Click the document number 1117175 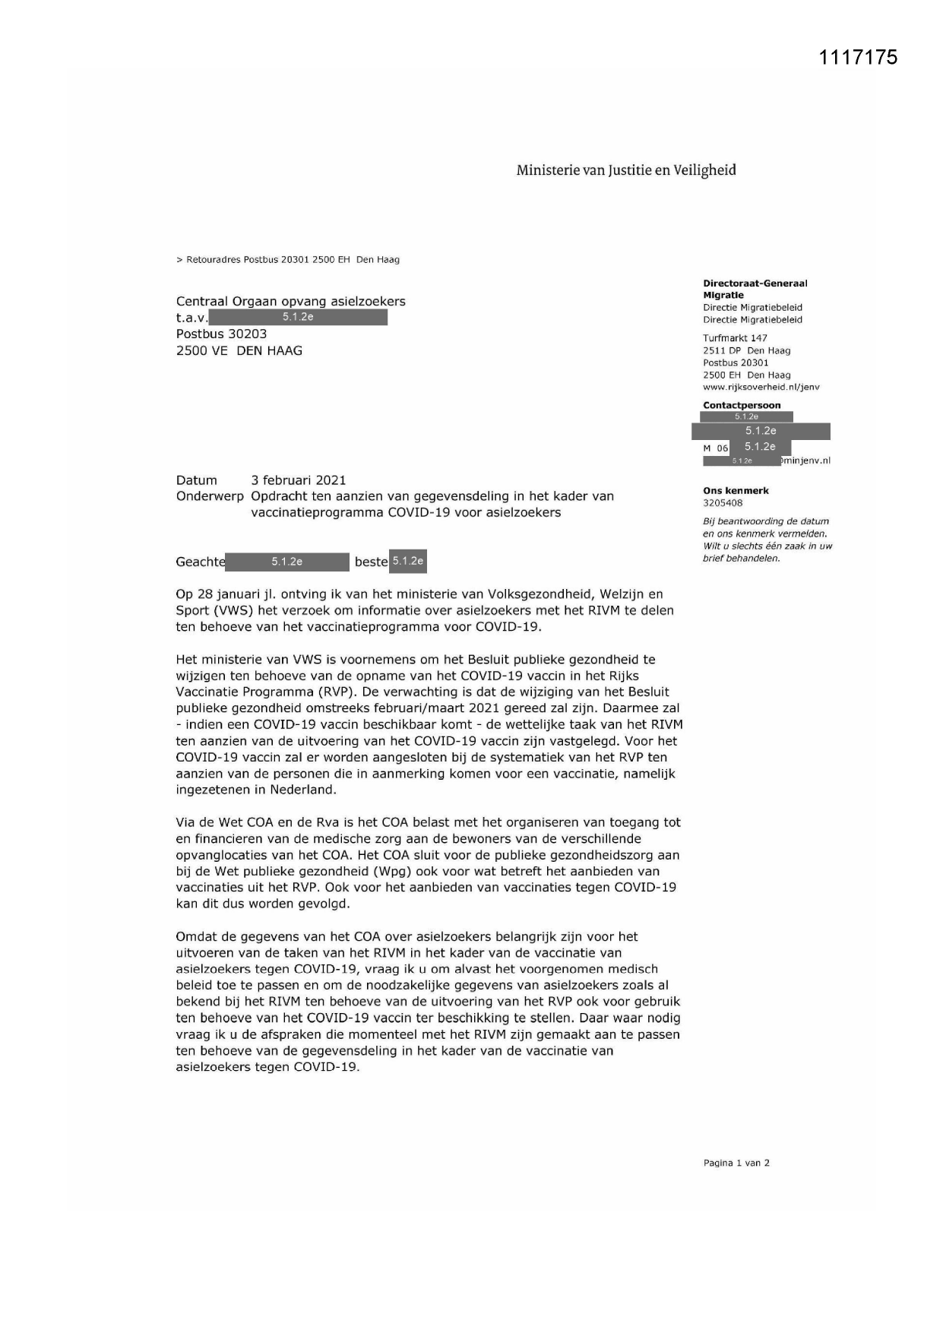point(859,58)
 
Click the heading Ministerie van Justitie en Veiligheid point(626,170)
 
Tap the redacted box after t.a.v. point(298,317)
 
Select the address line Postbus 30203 point(221,334)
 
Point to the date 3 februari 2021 point(298,480)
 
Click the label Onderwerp point(210,496)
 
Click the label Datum point(196,480)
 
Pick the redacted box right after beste point(408,561)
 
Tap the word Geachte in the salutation point(201,562)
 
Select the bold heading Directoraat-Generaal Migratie point(755,289)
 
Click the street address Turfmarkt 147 point(735,338)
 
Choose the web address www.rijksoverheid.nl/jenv point(761,387)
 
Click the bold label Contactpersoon point(742,405)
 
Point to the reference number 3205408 point(723,503)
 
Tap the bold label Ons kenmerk point(736,491)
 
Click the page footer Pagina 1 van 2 point(736,1163)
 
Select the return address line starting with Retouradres point(288,260)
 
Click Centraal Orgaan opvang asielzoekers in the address point(290,301)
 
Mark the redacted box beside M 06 point(760,447)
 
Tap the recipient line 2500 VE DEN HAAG point(239,350)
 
